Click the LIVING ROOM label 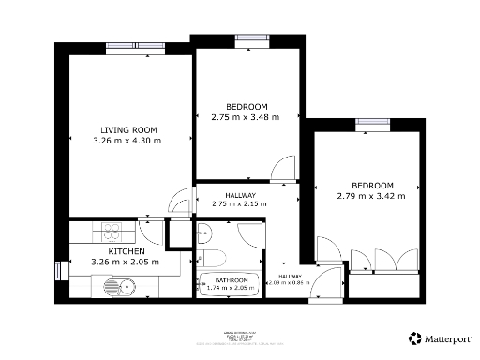(129, 129)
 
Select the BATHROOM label (232, 280)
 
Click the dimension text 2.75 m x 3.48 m (246, 117)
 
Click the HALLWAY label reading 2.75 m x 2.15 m (239, 199)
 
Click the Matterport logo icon (414, 337)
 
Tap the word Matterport (448, 337)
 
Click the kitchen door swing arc (148, 230)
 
